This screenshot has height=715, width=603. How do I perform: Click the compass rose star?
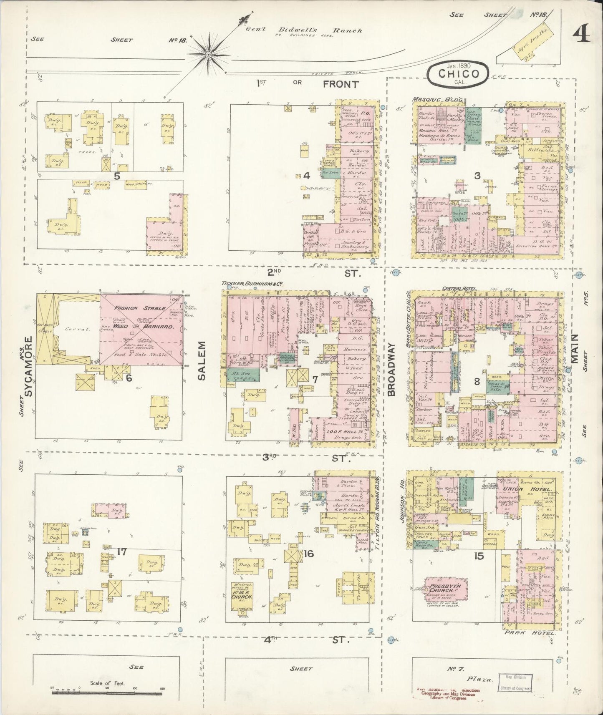[x=208, y=54]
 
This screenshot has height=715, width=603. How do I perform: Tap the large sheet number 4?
[x=582, y=33]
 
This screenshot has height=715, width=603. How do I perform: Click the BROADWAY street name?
[x=391, y=370]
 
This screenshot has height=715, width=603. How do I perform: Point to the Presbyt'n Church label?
[x=446, y=591]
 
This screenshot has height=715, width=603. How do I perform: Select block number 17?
[x=121, y=552]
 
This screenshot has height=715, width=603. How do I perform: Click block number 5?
[x=117, y=176]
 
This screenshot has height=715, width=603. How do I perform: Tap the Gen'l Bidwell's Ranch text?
[x=304, y=30]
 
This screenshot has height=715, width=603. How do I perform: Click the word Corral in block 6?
[x=75, y=329]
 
